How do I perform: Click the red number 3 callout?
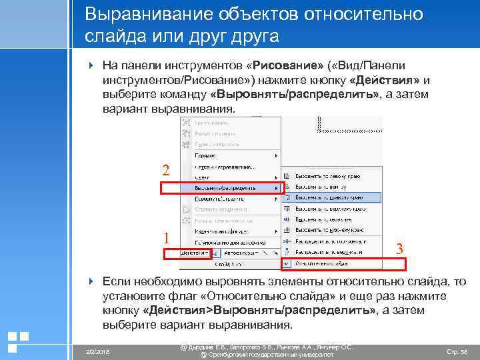[x=399, y=249]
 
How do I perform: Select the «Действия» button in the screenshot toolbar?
[x=186, y=254]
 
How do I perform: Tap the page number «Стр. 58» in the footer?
[x=456, y=351]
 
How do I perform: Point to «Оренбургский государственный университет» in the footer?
[x=267, y=355]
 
